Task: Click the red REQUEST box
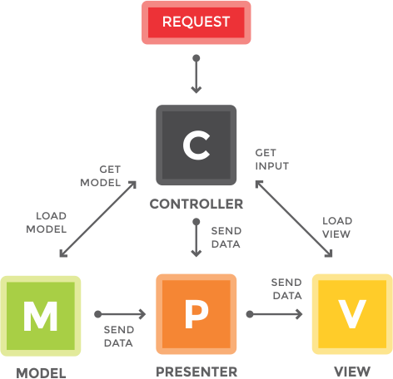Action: click(x=196, y=22)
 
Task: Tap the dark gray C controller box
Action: click(x=196, y=145)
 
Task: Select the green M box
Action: click(x=41, y=316)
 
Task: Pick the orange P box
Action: click(x=196, y=314)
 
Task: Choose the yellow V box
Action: click(x=352, y=314)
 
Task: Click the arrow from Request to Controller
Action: click(x=196, y=74)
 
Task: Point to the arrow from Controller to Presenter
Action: click(x=196, y=238)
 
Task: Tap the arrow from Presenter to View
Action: click(x=274, y=314)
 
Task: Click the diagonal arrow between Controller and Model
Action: click(x=98, y=219)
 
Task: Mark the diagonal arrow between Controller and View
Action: click(x=294, y=219)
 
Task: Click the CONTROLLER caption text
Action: click(x=196, y=204)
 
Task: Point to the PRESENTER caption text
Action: click(x=196, y=372)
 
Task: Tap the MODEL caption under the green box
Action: click(x=41, y=373)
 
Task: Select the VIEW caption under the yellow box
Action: click(x=352, y=372)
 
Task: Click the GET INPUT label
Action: click(x=272, y=160)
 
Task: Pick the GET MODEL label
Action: click(x=101, y=176)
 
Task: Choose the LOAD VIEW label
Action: click(x=337, y=228)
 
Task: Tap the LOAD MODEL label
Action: click(x=47, y=223)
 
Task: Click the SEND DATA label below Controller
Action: click(x=226, y=238)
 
